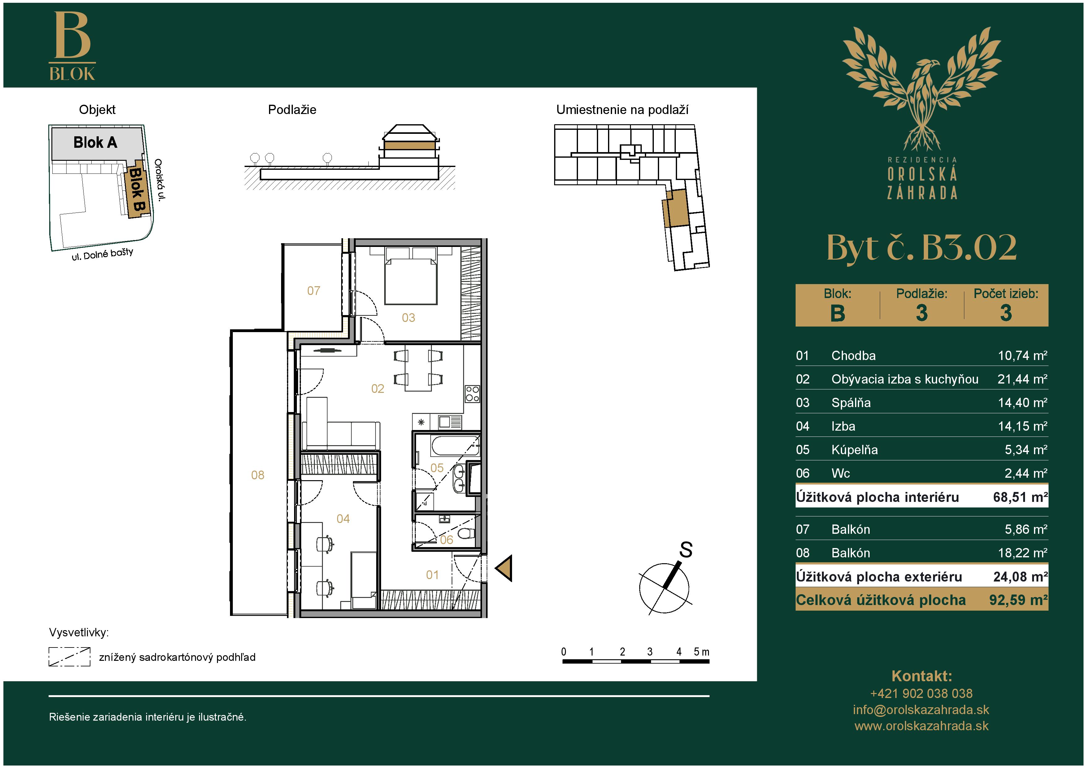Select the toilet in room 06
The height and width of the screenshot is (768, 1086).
pos(466,533)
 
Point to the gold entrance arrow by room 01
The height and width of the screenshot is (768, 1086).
pos(504,568)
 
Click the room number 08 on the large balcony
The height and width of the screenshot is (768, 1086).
pos(258,475)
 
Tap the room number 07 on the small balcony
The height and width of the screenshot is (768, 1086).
pos(314,291)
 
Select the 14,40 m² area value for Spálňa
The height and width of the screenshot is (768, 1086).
pos(1022,403)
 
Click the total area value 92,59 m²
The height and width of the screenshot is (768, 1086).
pos(1019,600)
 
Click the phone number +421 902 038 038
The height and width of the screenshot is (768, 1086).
pos(921,694)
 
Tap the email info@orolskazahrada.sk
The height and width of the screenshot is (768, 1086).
pos(921,710)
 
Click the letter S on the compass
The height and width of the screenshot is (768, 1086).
pos(686,550)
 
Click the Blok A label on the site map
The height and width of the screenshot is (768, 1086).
pos(95,143)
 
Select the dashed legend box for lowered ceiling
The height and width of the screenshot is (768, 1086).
pos(70,657)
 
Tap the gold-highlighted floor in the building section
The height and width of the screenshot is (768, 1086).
pos(410,146)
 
